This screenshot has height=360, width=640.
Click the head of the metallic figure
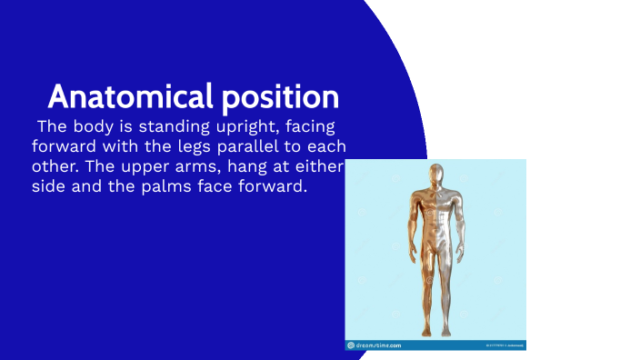click(x=435, y=176)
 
